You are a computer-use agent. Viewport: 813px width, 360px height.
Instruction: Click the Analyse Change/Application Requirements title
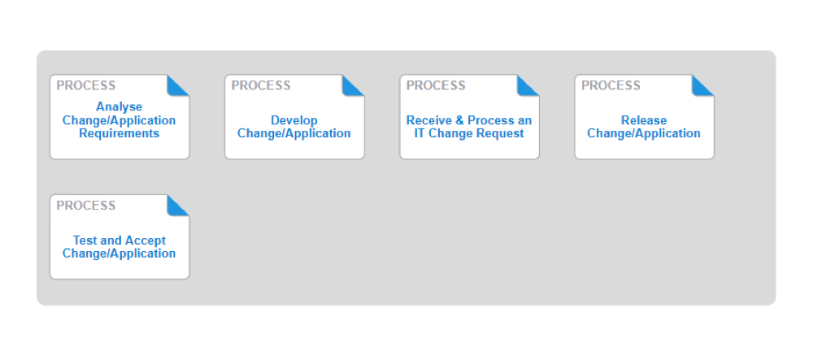coord(119,120)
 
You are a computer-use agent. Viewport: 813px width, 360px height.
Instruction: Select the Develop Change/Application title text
coord(294,127)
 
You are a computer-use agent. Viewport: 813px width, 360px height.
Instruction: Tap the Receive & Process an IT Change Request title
coord(469,127)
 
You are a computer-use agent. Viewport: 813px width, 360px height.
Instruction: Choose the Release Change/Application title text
coord(644,127)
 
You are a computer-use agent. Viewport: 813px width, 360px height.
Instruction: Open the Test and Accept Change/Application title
coord(119,247)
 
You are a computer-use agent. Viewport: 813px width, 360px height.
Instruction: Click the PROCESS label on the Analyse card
coord(86,85)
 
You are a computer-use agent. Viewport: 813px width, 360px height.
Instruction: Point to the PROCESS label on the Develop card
coord(261,85)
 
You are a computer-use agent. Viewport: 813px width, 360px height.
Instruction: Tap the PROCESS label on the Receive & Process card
coord(436,85)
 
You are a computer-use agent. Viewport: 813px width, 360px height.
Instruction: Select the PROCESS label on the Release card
coord(611,85)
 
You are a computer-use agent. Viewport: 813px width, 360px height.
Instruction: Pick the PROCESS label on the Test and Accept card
coord(86,206)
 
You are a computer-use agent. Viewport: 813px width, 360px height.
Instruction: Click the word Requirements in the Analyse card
coord(119,133)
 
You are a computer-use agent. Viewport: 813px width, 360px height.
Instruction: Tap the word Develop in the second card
coord(294,120)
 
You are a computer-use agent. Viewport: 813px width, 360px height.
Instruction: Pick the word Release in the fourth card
coord(644,120)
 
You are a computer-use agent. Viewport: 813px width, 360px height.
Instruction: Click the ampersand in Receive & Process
coord(460,120)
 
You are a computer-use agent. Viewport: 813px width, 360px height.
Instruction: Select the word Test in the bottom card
coord(85,241)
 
